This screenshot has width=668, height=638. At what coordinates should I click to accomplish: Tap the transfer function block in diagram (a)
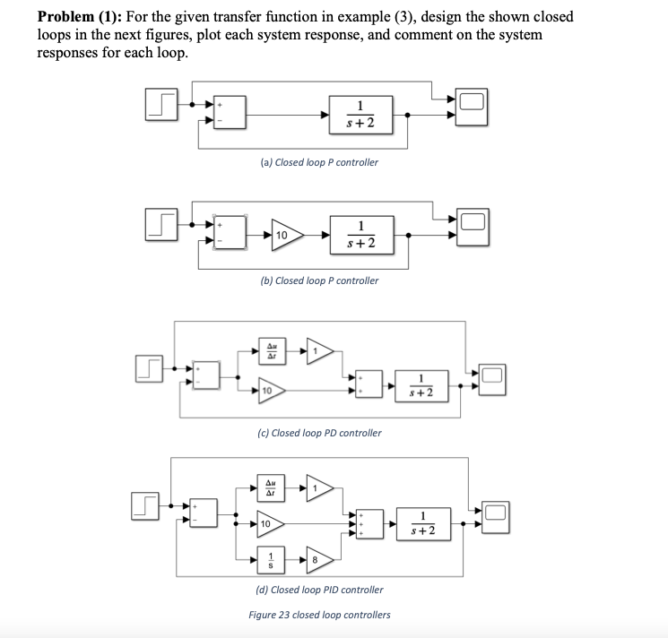point(360,115)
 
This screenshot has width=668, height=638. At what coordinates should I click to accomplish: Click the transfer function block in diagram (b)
point(360,235)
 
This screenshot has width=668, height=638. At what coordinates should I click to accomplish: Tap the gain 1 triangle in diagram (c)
point(320,349)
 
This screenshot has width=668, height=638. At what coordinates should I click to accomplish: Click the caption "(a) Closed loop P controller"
point(318,162)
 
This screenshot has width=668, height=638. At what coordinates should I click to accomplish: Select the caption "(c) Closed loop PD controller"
point(318,433)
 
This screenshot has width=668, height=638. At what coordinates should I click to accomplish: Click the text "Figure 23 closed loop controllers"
point(319,615)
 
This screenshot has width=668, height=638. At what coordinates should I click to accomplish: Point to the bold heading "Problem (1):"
point(79,17)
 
